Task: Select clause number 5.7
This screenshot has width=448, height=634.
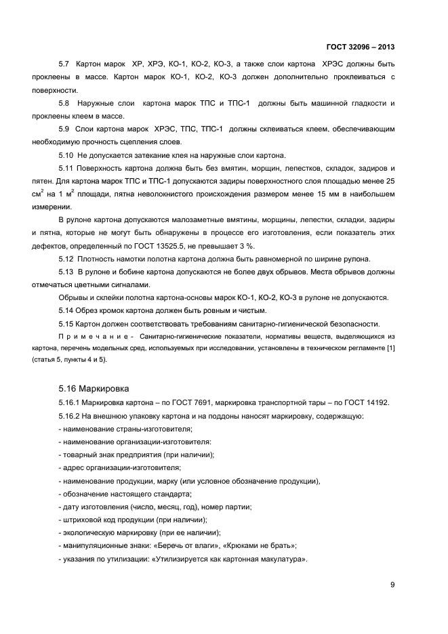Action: (x=64, y=64)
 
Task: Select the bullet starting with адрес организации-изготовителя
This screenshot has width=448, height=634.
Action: (x=121, y=467)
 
